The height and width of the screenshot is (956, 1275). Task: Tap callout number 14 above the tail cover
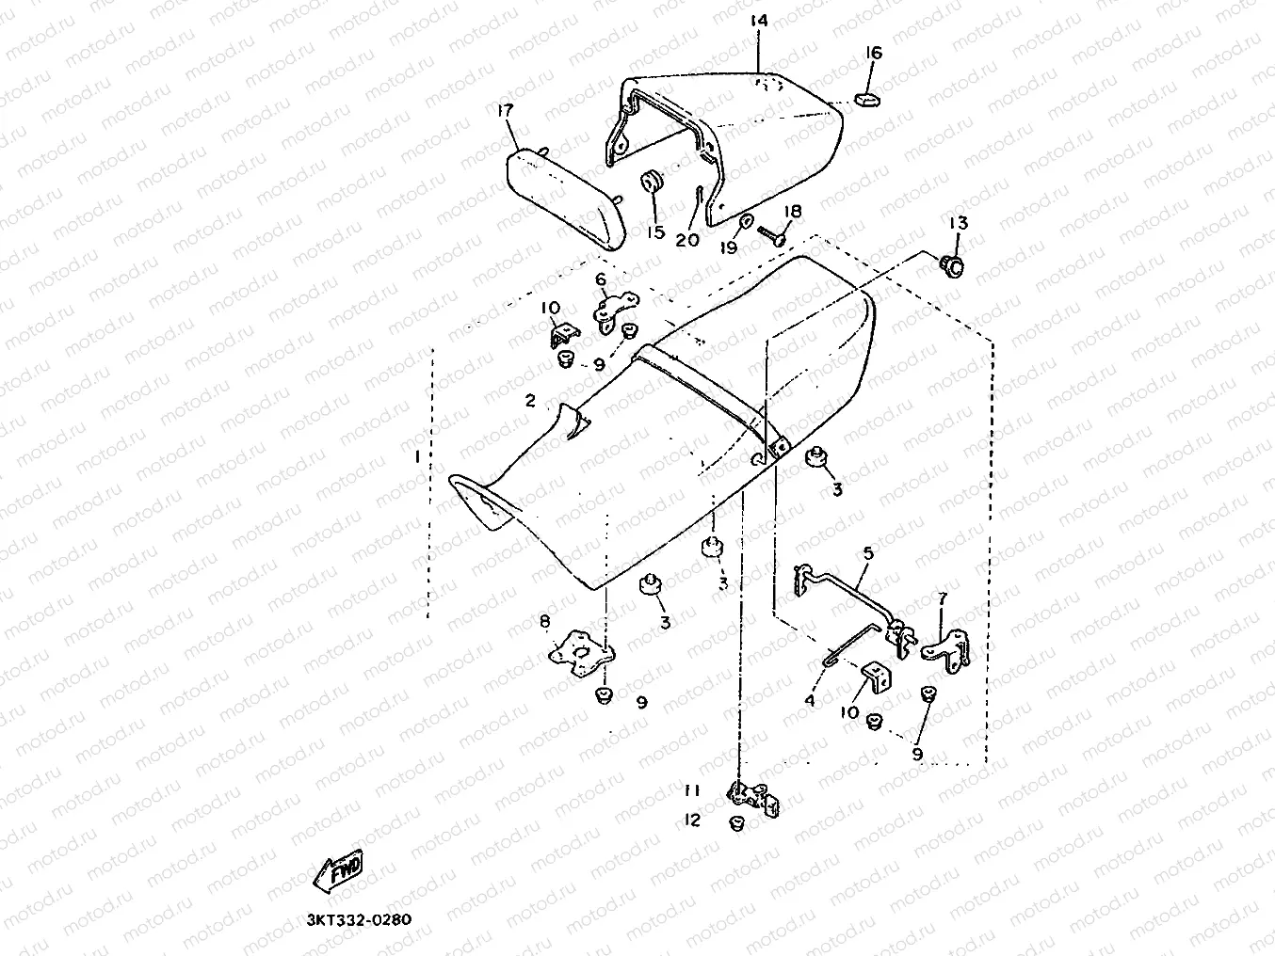click(x=759, y=21)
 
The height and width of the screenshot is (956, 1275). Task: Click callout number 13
click(x=958, y=224)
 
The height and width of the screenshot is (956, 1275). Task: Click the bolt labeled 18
click(x=772, y=233)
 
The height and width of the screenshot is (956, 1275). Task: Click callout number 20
click(x=687, y=240)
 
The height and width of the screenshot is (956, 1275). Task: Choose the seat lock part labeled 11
click(x=754, y=797)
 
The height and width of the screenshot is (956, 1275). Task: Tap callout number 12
click(x=692, y=821)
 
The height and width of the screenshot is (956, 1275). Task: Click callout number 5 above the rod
click(x=867, y=553)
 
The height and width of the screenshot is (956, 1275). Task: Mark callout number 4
click(x=809, y=700)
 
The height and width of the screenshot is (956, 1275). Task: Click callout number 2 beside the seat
click(x=530, y=402)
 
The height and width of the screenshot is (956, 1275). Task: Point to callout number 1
click(x=416, y=456)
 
